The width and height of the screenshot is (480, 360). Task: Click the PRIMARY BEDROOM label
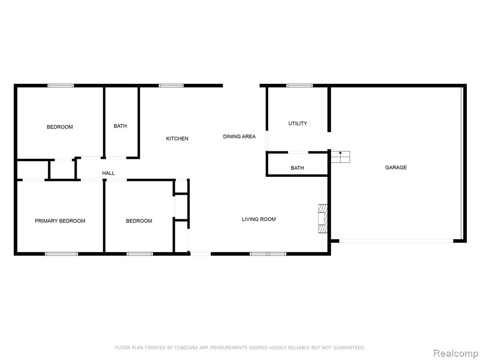60,221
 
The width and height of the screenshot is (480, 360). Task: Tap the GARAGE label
396,167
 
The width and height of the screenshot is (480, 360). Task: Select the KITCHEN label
177,139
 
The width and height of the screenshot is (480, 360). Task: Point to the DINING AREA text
240,136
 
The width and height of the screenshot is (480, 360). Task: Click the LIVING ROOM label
259,219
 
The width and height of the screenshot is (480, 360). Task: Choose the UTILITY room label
298,123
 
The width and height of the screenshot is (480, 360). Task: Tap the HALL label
108,173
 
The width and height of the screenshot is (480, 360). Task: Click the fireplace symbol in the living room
322,219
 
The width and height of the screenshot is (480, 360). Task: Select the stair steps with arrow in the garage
340,157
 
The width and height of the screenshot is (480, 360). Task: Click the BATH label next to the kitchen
120,126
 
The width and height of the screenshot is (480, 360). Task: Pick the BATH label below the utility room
297,168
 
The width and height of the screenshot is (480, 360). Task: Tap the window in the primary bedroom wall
61,254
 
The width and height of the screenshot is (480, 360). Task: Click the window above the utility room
300,86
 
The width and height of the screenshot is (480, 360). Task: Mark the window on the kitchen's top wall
171,86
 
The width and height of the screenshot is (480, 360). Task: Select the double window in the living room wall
268,254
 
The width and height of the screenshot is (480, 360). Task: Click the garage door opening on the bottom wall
397,241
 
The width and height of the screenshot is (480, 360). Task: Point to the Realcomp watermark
456,353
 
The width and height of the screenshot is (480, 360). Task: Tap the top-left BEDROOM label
60,127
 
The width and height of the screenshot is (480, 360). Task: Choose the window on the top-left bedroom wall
60,86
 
